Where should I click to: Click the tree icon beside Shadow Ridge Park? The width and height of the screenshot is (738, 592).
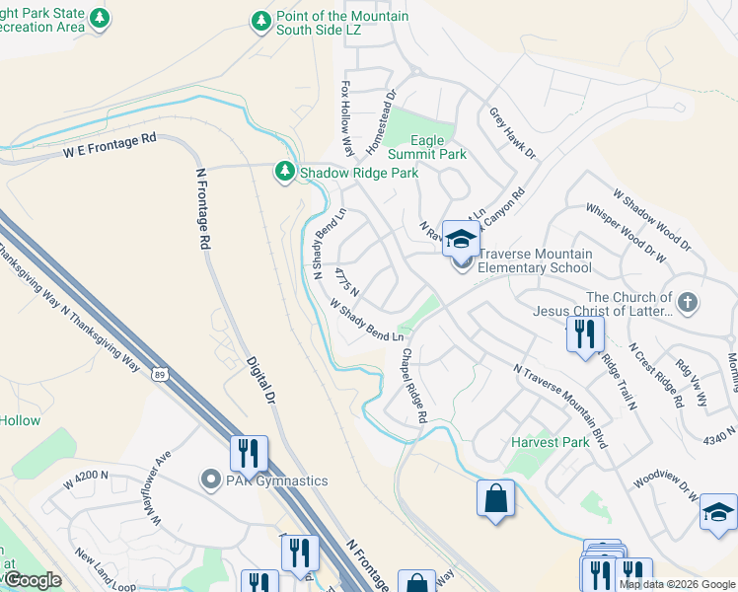coord(285,173)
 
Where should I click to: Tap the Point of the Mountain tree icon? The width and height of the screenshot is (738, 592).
coord(260,22)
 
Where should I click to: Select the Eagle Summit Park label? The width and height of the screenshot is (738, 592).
coord(426,148)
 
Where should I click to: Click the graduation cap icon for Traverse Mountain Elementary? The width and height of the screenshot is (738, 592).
coord(460,238)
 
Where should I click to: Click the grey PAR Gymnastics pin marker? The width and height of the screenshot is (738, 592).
coord(209,481)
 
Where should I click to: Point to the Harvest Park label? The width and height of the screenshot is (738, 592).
coord(550,442)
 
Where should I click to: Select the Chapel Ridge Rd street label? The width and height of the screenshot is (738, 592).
coord(413,385)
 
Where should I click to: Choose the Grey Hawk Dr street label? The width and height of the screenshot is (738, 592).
coord(512,133)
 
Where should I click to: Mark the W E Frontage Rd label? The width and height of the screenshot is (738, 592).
coord(111,146)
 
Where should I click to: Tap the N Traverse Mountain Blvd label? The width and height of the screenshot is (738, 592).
coord(560,405)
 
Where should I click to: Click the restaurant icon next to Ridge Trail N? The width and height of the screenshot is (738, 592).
coord(585,334)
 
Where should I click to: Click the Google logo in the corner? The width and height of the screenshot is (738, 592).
coord(34,580)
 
